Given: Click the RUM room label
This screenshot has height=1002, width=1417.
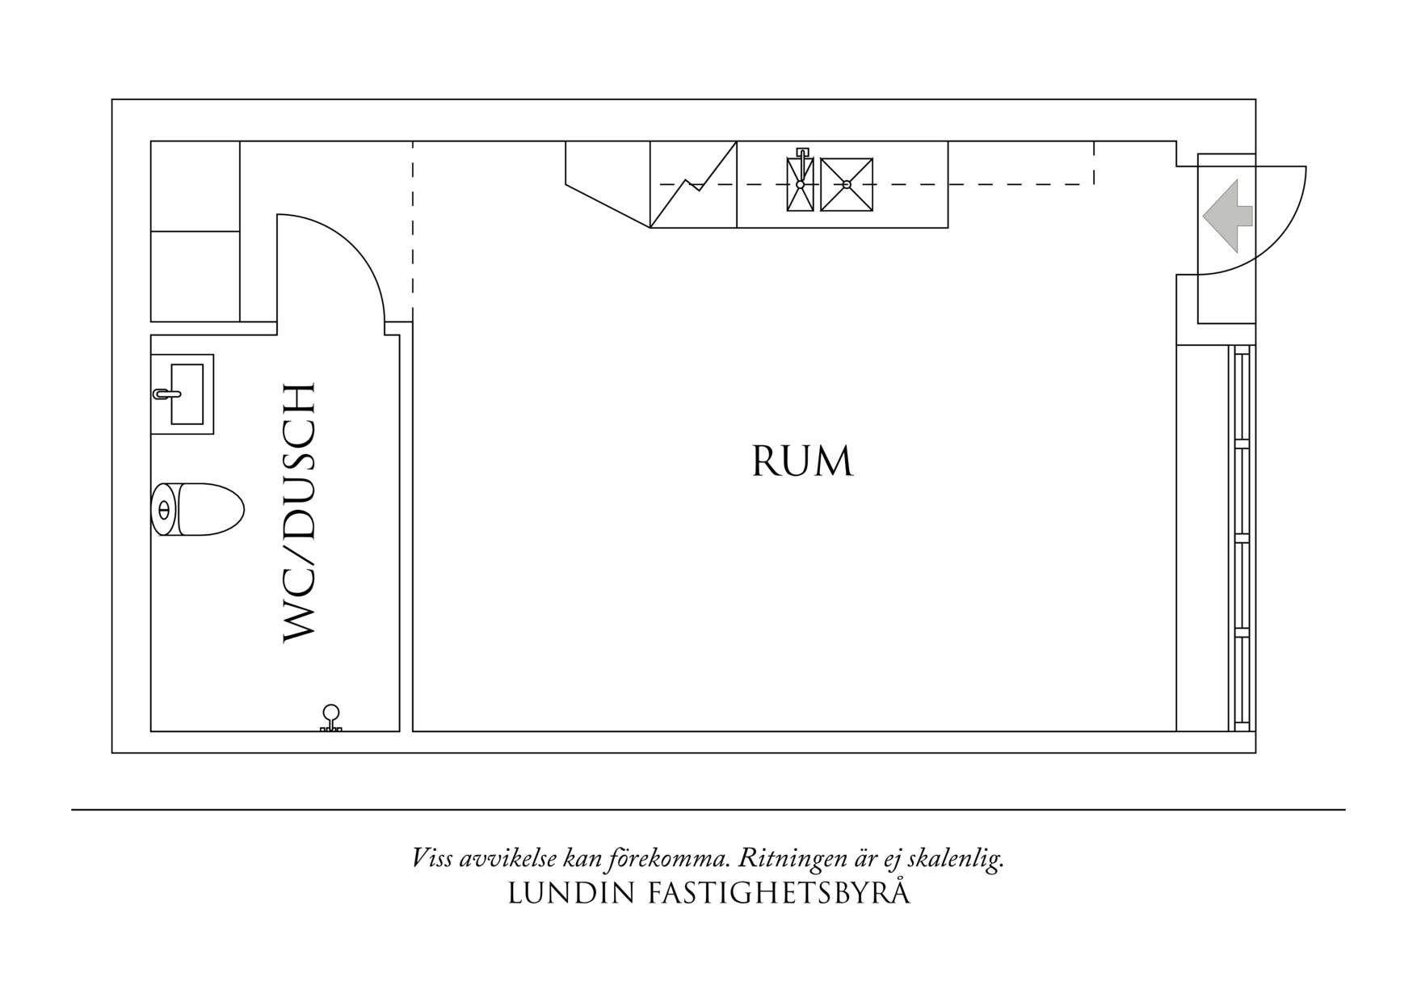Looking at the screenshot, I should tap(802, 462).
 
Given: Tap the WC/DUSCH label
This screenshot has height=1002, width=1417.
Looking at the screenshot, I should tap(298, 514).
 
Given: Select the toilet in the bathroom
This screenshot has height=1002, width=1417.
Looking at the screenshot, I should tap(198, 509).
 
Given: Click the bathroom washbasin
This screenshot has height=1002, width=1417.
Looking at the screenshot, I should tap(187, 394).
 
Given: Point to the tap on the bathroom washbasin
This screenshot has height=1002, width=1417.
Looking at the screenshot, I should tap(166, 394).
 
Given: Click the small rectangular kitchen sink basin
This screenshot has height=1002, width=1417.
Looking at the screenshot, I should tap(801, 185).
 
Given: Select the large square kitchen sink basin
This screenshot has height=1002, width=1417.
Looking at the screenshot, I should tap(847, 185).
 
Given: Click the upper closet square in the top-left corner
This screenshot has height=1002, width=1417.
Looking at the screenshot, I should tap(196, 186).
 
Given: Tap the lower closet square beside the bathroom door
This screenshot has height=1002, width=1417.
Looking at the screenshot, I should tap(196, 276).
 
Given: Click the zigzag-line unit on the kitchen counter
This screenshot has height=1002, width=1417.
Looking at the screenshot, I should tap(693, 185).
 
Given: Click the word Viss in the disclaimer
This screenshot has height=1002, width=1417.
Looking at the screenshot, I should tap(432, 858).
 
